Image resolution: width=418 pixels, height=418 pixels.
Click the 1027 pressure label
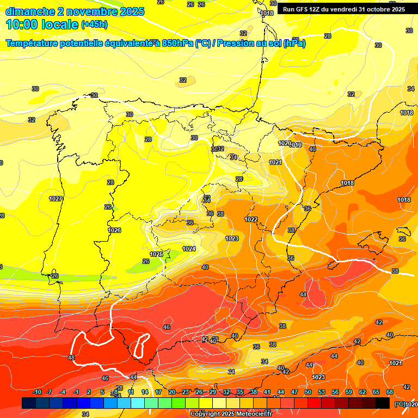pos(55,199)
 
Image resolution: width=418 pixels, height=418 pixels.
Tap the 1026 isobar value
pos(114,230)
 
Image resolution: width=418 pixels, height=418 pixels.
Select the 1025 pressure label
pos(156,254)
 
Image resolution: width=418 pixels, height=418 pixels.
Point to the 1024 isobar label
pos(189,249)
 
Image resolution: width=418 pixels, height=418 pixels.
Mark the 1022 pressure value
pos(251,219)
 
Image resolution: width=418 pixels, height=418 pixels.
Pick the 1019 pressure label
pos(297,145)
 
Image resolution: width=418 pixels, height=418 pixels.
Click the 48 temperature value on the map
pos(71,358)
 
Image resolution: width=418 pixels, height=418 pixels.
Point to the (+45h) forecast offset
pos(94,24)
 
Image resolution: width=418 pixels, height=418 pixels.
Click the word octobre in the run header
pos(375,9)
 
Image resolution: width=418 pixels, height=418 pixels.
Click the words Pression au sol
pos(248,44)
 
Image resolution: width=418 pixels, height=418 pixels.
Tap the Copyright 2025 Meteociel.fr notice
pos(230,414)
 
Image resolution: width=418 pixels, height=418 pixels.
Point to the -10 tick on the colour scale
pos(37,392)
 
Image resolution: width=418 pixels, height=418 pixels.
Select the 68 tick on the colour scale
pos(390,392)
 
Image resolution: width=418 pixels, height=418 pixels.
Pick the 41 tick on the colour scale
pos(267,392)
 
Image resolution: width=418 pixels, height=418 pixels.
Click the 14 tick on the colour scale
pos(145,392)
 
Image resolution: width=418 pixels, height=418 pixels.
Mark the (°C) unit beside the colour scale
pos(399,404)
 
